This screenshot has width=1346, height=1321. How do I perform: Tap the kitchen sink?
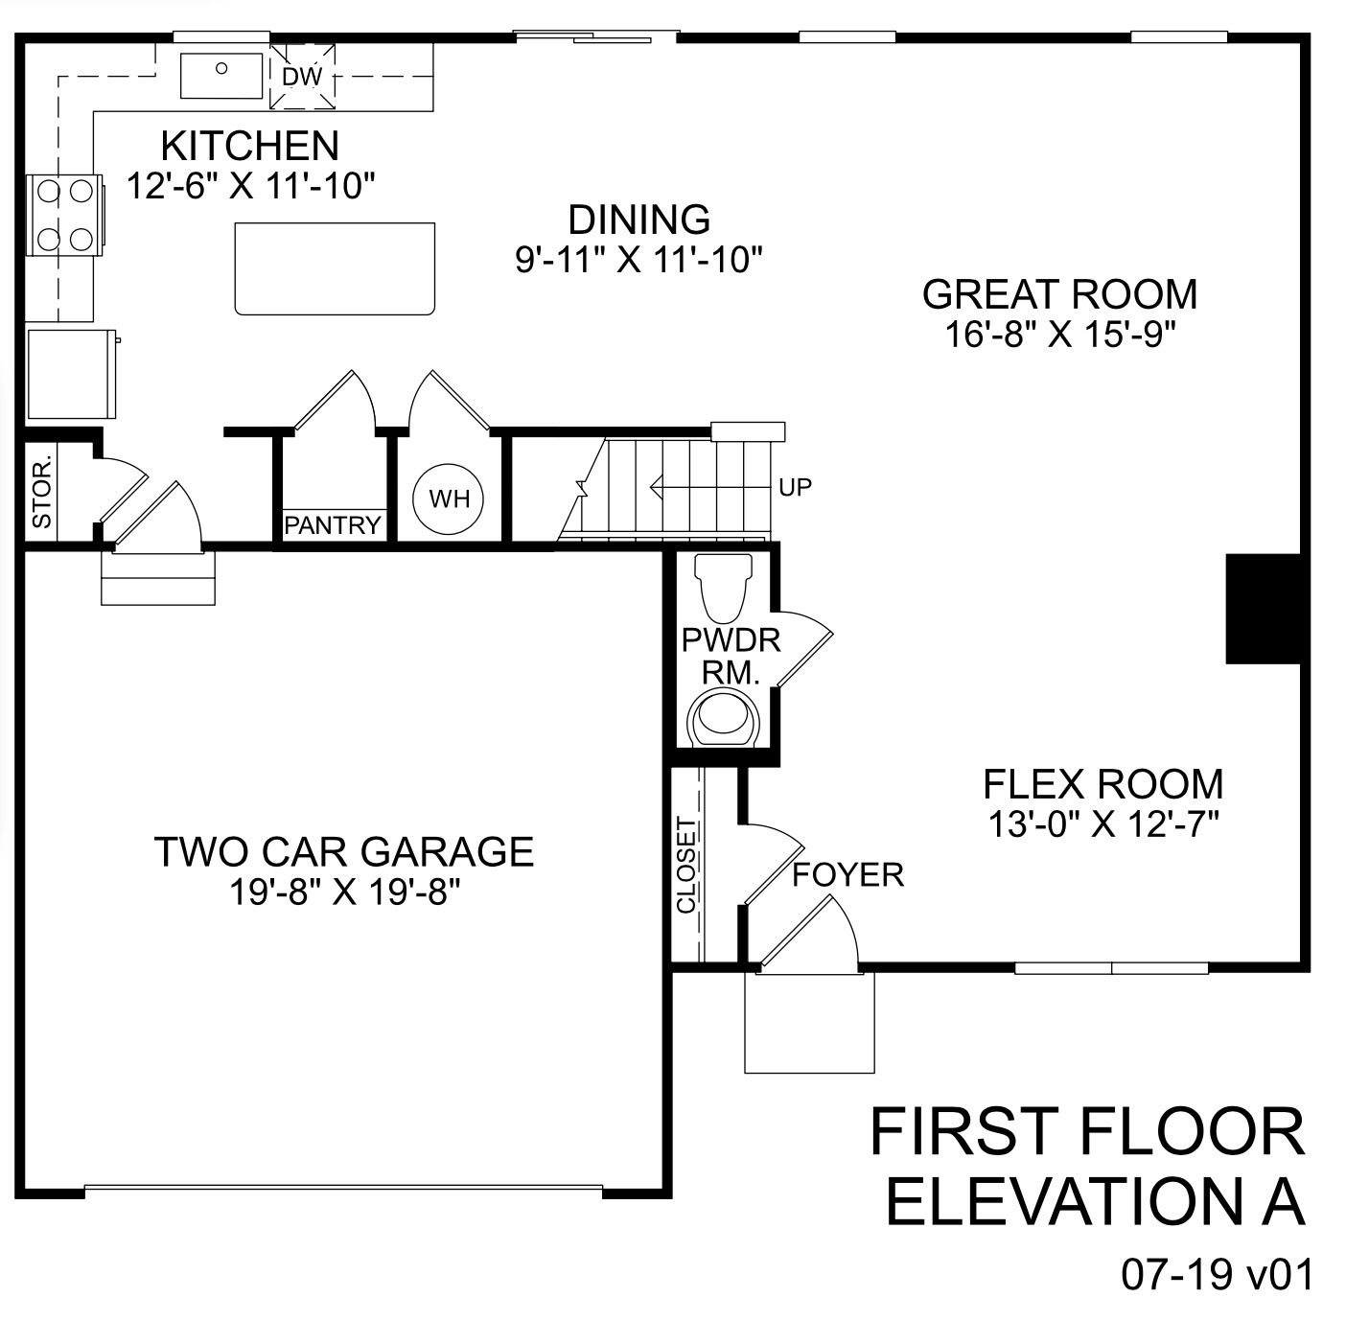point(221,75)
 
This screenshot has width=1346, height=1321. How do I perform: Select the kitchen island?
point(335,267)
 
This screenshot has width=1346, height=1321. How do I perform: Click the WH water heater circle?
point(448,498)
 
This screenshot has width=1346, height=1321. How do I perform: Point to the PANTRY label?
point(333,525)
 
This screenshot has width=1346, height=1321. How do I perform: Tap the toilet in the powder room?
point(724,586)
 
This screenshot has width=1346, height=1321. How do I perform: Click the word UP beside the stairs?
point(795,488)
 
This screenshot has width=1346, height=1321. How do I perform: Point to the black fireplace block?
point(1265,609)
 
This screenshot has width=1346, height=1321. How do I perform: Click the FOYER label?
point(847,874)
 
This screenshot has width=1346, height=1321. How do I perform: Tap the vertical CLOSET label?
point(685,865)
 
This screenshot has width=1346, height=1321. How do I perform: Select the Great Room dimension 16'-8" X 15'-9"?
point(1059,335)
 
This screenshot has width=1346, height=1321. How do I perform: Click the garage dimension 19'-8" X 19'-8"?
point(345,892)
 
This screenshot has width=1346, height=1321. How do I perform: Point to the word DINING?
point(638,220)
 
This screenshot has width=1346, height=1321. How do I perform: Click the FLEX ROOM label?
point(1102,784)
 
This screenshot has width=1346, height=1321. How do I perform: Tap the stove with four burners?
point(64,216)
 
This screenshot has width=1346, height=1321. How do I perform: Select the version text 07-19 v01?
point(1215,1276)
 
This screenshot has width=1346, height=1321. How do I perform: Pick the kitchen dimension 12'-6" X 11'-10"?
point(249,186)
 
